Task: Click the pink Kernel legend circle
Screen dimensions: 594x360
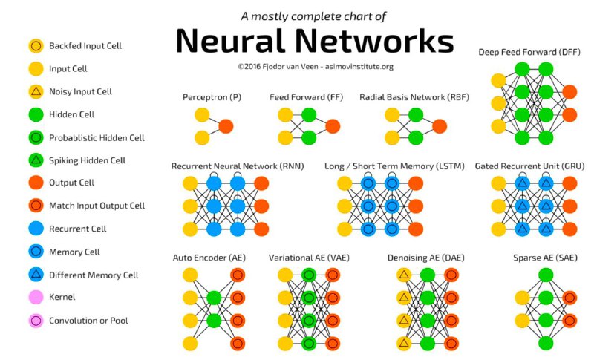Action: point(36,297)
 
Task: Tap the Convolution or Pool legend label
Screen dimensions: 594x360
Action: point(88,321)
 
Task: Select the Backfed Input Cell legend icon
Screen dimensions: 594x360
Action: point(36,46)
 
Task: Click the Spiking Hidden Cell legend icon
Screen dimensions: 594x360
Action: point(36,160)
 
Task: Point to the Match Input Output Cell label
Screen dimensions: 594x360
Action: point(97,206)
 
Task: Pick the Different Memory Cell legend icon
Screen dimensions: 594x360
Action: point(36,275)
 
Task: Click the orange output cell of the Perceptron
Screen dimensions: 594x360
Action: point(226,126)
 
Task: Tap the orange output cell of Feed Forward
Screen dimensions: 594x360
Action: point(333,126)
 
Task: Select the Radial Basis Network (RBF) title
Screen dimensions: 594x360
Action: point(414,97)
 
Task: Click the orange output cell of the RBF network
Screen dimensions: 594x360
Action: point(440,126)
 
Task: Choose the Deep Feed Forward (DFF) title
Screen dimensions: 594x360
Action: point(529,52)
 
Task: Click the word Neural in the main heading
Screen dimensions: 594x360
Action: point(230,41)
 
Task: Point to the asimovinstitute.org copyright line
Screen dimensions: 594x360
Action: point(316,67)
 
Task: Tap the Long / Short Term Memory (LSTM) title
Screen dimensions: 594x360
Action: point(394,166)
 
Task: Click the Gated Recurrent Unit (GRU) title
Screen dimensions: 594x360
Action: point(529,166)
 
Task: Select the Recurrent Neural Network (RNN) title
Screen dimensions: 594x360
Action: point(238,166)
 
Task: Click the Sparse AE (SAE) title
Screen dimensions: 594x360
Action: point(545,258)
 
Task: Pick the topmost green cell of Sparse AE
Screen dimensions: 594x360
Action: point(546,275)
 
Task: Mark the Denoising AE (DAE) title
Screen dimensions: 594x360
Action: point(425,258)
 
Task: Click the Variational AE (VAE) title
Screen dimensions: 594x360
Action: point(309,258)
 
